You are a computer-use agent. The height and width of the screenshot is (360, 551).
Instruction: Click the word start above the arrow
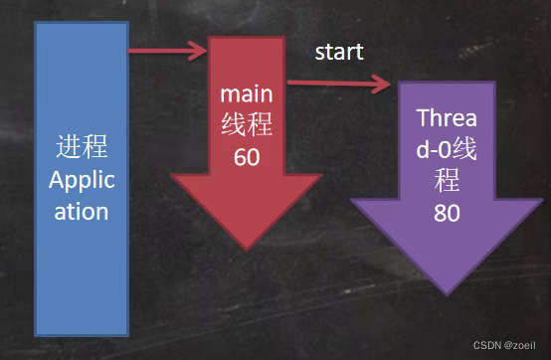(339, 53)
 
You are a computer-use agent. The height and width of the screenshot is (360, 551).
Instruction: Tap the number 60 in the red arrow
(247, 157)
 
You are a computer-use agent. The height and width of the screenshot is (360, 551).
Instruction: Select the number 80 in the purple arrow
(447, 213)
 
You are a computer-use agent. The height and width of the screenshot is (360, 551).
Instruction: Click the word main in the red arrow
(247, 94)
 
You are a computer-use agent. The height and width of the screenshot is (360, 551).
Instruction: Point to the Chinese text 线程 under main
(247, 124)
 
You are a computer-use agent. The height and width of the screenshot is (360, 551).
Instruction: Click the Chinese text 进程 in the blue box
(82, 146)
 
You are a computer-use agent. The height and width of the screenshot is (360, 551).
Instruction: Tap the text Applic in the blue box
(82, 181)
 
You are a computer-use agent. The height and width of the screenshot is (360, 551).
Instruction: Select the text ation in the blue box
(82, 212)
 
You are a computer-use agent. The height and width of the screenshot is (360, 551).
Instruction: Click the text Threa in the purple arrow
(447, 117)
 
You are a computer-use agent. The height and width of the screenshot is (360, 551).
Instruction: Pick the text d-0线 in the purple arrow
(447, 148)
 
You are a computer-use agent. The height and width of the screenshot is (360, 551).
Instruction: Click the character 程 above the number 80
(447, 180)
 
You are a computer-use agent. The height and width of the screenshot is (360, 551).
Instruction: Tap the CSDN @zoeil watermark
(504, 345)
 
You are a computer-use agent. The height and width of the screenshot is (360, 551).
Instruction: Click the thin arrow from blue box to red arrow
(168, 51)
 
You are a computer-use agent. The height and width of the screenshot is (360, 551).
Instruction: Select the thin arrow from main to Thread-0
(339, 84)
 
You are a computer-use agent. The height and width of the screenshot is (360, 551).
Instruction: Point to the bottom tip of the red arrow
(247, 250)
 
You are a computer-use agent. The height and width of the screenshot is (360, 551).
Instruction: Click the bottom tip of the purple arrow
(447, 295)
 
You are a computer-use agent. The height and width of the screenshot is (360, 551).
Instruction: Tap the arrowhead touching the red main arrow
(199, 51)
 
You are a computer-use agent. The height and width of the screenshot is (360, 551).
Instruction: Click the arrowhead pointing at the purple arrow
(382, 84)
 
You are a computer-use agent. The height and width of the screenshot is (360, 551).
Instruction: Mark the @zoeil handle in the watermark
(520, 345)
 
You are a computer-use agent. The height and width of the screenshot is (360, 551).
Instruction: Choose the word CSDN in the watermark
(487, 345)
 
